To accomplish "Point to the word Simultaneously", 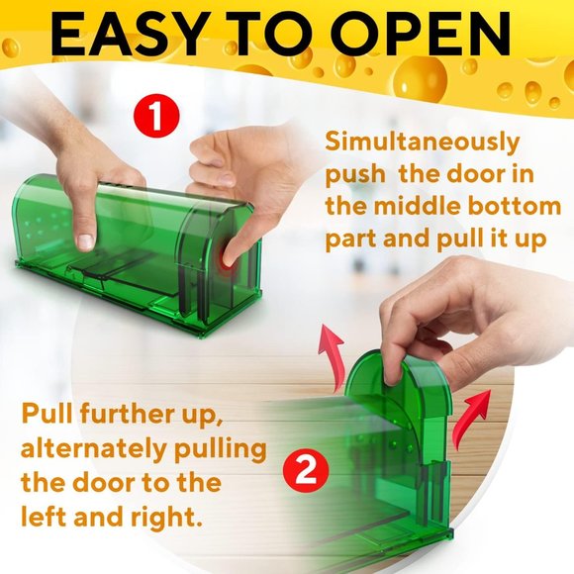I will point(422,142).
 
